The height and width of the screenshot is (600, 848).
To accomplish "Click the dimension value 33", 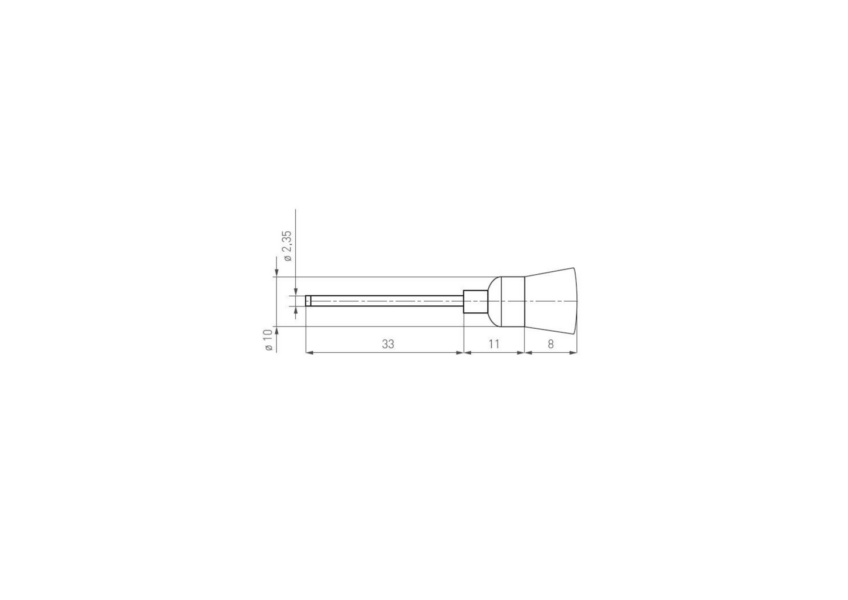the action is (x=388, y=344).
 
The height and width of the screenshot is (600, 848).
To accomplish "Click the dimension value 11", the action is (x=494, y=344).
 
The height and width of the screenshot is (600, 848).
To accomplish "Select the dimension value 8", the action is (x=551, y=344).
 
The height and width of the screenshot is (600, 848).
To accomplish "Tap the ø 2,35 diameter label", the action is (x=288, y=246).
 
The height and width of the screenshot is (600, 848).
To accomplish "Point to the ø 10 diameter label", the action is (x=268, y=340).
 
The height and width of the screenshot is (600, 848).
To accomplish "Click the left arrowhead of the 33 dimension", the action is (x=309, y=353).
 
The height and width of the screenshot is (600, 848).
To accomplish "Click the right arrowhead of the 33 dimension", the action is (x=460, y=353).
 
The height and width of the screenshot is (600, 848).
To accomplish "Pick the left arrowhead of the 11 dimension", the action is (x=468, y=353).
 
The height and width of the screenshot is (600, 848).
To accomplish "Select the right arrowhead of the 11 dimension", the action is (x=521, y=353).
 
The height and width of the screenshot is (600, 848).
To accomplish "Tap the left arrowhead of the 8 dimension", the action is (x=529, y=353).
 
